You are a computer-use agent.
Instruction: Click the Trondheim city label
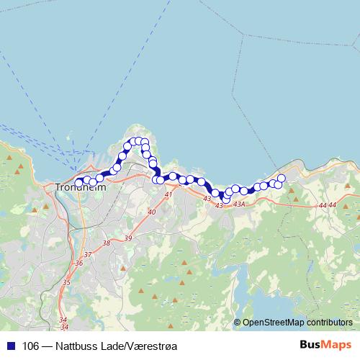pyautogui.click(x=81, y=187)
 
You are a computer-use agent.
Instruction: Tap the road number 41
pyautogui.click(x=168, y=195)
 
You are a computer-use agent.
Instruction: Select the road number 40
pyautogui.click(x=151, y=212)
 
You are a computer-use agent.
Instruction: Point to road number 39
pyautogui.click(x=128, y=238)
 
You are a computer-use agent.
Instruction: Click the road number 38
pyautogui.click(x=107, y=243)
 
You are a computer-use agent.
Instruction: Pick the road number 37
pyautogui.click(x=88, y=255)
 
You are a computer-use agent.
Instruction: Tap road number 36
pyautogui.click(x=79, y=264)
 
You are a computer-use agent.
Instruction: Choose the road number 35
pyautogui.click(x=66, y=282)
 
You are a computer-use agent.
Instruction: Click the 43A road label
pyautogui.click(x=240, y=205)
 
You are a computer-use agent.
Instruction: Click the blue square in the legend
pyautogui.click(x=10, y=346)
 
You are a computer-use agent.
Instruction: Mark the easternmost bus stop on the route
pyautogui.click(x=282, y=178)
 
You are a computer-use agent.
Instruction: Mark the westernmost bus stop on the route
pyautogui.click(x=79, y=182)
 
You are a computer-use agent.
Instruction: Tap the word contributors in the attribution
pyautogui.click(x=328, y=322)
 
